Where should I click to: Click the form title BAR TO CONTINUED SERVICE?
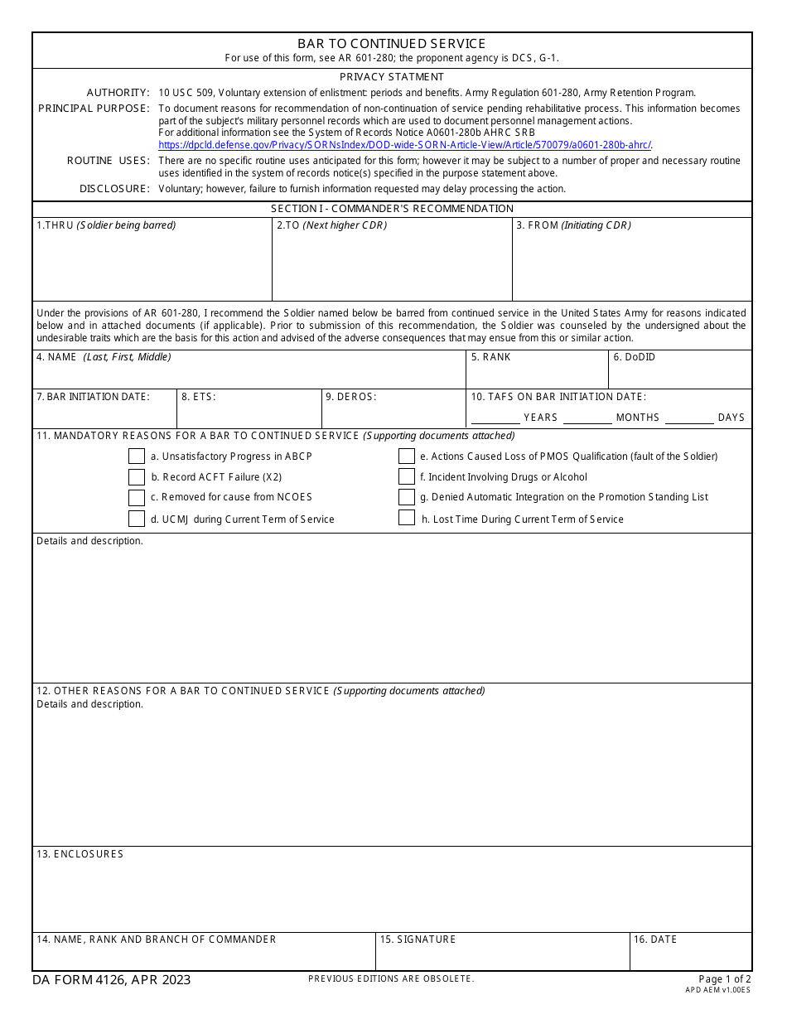[392, 44]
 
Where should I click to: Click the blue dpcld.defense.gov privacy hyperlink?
[405, 144]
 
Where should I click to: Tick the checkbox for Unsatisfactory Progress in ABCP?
[137, 456]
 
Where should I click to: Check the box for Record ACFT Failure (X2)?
[137, 477]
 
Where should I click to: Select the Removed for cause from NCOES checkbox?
[137, 497]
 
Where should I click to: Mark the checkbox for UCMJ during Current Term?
[137, 519]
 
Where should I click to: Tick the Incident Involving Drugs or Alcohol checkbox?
[407, 477]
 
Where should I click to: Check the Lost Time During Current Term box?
[407, 519]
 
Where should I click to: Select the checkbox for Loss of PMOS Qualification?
[407, 456]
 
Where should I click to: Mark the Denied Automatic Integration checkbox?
[407, 497]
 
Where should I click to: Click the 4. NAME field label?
[104, 357]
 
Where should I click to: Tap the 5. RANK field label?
[490, 357]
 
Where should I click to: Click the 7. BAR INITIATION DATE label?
[93, 397]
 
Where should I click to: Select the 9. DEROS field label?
[350, 397]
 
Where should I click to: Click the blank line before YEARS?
[495, 418]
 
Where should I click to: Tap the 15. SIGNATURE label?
[418, 939]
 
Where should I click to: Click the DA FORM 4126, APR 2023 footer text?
[112, 980]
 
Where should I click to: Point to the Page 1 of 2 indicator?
[724, 979]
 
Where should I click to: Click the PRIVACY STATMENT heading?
[392, 77]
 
